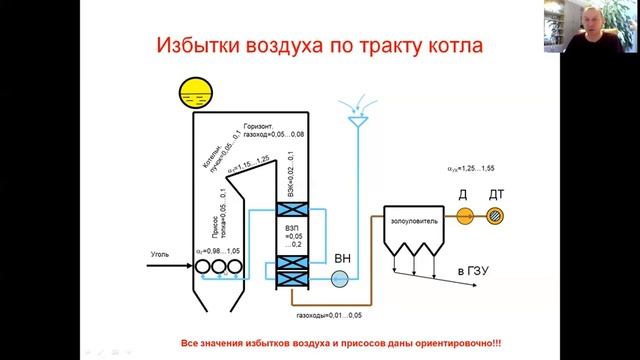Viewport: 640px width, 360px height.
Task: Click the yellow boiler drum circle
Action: coord(191,93)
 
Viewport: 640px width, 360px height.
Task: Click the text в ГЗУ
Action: coord(474,271)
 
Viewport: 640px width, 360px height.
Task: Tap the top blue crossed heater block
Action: coord(296,212)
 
